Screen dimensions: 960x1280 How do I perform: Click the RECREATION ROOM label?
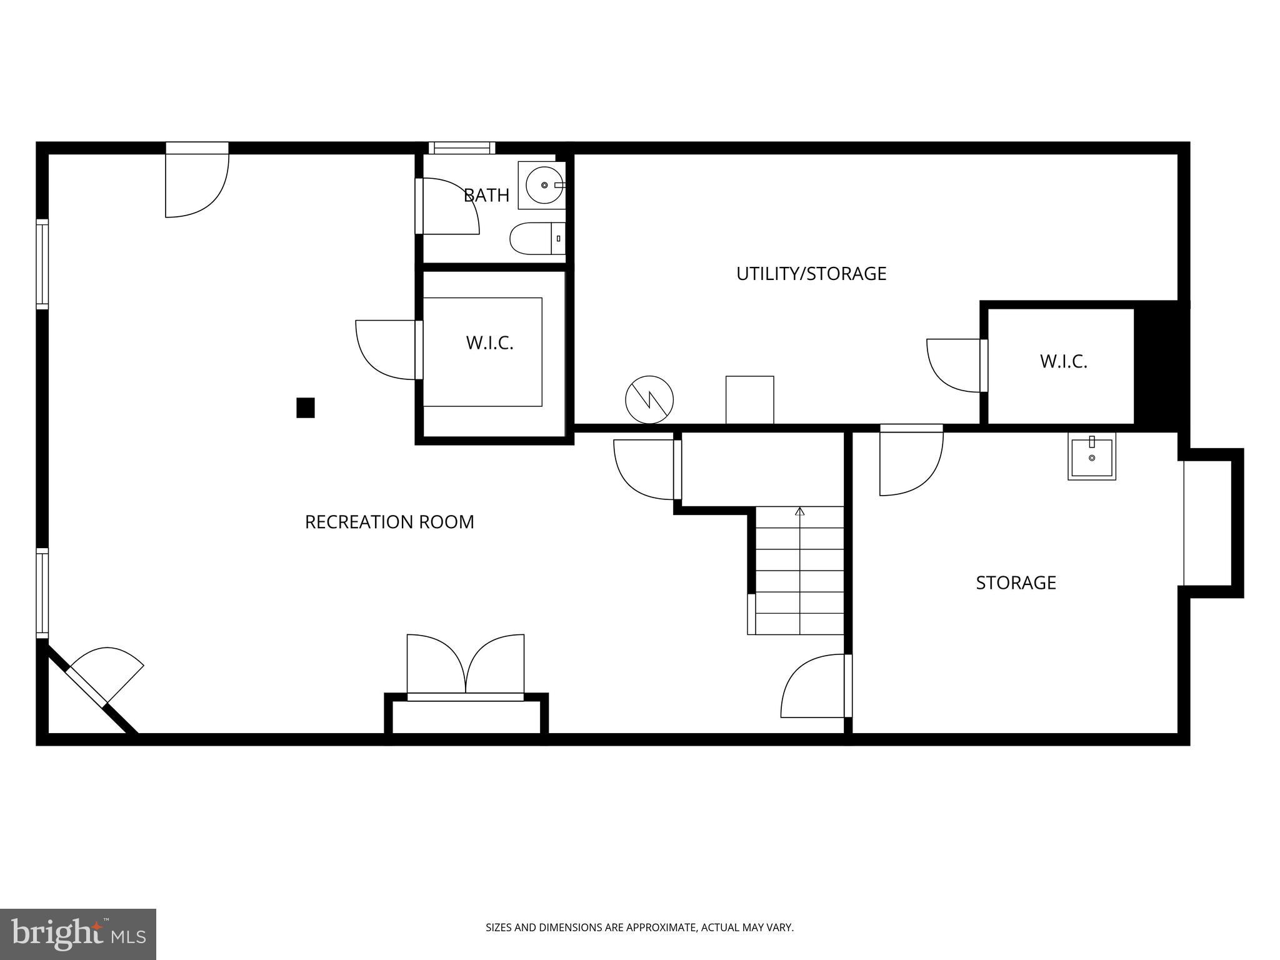389,522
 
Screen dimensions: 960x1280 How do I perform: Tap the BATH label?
486,196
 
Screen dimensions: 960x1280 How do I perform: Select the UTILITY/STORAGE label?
811,274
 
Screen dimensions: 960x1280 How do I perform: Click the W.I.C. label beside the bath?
489,343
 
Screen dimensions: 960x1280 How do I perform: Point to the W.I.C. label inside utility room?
1063,362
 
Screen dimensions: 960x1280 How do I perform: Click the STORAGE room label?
1016,583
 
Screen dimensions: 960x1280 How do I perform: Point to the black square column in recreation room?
305,407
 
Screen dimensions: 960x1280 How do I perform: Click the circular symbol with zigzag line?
649,399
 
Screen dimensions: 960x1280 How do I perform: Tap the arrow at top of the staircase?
799,512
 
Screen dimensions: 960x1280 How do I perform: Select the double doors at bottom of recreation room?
466,666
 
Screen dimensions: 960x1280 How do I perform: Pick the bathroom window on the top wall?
461,148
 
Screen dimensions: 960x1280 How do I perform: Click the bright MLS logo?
77,934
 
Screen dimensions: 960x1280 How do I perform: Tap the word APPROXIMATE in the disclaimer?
661,927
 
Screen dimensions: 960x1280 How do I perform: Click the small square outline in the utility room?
749,399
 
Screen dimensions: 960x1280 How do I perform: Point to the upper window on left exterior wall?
42,264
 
